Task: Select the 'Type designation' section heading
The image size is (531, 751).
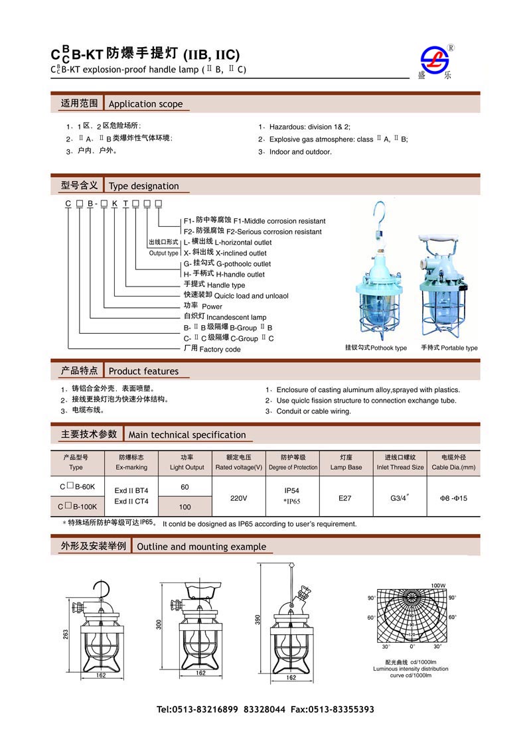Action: click(143, 186)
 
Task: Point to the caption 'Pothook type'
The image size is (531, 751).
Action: click(376, 348)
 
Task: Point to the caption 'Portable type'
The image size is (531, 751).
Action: click(449, 348)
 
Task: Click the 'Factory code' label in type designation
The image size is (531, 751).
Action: click(220, 349)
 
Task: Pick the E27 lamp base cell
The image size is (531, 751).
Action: click(345, 498)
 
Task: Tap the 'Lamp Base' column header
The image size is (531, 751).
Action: click(346, 467)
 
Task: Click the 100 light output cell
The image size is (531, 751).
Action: click(185, 507)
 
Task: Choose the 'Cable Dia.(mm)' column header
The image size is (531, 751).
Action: click(453, 467)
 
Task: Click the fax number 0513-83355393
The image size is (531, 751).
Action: click(344, 709)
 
